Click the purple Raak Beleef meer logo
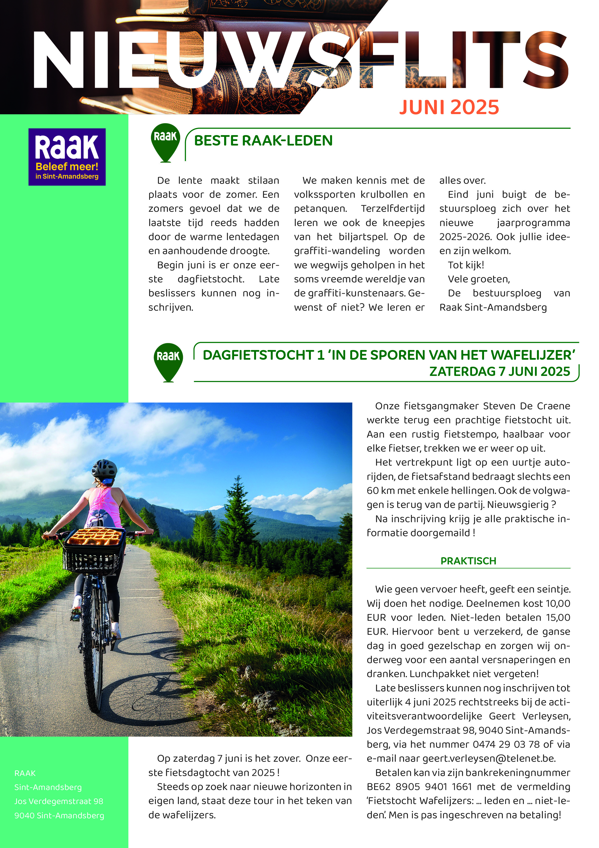[x=67, y=157]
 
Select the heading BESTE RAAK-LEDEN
[x=263, y=141]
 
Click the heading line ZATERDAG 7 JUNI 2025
[x=499, y=372]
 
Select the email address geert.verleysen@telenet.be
[x=489, y=759]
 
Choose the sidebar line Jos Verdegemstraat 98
[x=59, y=801]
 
